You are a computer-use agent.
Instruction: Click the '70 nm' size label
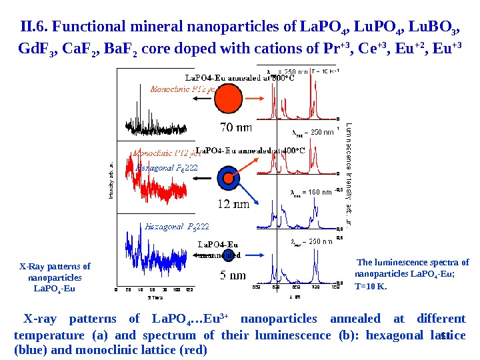point(235,127)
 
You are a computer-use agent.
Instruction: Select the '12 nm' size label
point(231,204)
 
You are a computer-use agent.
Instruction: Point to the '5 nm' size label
point(233,275)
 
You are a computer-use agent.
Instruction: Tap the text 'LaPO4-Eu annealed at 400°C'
point(250,150)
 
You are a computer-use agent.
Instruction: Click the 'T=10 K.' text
point(371,287)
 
